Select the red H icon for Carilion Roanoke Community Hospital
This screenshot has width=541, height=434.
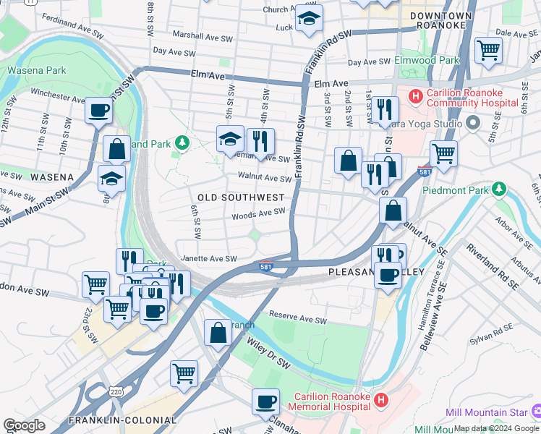[x=415, y=95]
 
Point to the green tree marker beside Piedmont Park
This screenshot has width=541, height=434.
[x=498, y=190]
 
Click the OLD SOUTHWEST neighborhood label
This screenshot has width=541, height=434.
[x=241, y=197]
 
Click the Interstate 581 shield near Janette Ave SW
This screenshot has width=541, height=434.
[x=266, y=267]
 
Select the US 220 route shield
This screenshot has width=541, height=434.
[x=115, y=391]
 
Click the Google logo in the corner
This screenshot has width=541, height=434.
[x=24, y=425]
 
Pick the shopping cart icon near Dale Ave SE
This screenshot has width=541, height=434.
[x=488, y=51]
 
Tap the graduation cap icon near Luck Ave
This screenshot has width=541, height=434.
[x=309, y=20]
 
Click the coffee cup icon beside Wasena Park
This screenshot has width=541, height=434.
[x=98, y=111]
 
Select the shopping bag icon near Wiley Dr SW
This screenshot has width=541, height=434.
[x=218, y=333]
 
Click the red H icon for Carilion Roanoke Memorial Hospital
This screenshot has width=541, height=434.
[x=382, y=399]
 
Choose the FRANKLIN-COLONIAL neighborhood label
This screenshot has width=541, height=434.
[x=122, y=420]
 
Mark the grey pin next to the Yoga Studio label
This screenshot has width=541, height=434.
[x=474, y=123]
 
